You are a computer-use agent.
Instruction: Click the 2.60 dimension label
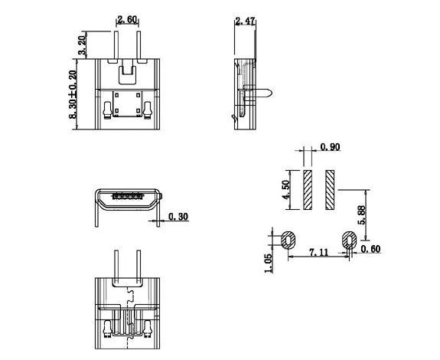[127, 20]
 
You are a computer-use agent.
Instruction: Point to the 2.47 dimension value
[246, 21]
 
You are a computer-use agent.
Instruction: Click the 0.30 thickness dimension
[178, 217]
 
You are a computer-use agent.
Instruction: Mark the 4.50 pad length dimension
[287, 190]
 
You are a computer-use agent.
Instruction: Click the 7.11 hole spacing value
[319, 252]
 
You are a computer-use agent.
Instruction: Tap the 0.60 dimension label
[370, 248]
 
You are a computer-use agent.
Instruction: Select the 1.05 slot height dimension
[269, 262]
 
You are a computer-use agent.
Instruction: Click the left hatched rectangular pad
[307, 190]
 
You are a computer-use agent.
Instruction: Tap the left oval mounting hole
[291, 240]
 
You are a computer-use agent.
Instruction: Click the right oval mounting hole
[349, 240]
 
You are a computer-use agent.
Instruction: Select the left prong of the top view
[116, 43]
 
